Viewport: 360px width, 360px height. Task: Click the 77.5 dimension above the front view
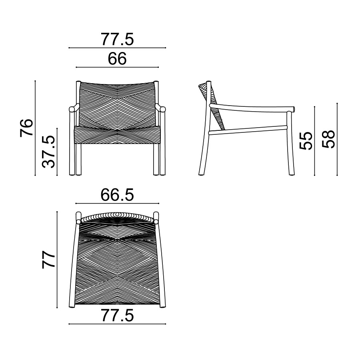click(117, 39)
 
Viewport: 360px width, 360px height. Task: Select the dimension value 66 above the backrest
click(117, 59)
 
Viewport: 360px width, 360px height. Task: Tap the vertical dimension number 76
click(27, 128)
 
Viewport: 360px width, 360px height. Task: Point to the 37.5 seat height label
click(49, 152)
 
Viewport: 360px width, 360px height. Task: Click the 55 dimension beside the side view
click(306, 140)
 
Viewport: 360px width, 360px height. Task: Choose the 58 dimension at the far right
click(328, 139)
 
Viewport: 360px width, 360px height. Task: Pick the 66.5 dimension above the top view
click(117, 195)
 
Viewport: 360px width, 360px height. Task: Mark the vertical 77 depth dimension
click(49, 260)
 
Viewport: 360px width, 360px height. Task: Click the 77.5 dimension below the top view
click(117, 316)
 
